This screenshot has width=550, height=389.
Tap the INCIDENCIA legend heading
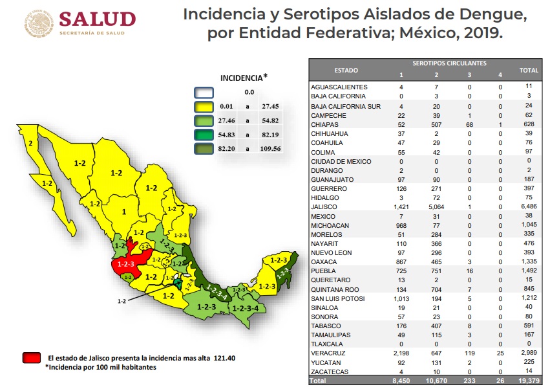[242, 77]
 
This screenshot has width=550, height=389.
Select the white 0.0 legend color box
[206, 93]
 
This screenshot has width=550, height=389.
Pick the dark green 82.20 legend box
[206, 148]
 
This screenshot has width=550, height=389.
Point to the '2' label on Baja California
[30, 142]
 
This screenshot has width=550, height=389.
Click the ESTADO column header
[346, 69]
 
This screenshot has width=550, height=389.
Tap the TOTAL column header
[529, 69]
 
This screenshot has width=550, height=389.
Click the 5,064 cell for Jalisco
[436, 206]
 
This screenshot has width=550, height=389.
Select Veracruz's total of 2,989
[529, 354]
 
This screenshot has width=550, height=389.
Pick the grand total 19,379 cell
[529, 382]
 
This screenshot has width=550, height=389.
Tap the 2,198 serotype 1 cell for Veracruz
[401, 354]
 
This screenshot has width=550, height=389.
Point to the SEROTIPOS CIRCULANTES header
[449, 63]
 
